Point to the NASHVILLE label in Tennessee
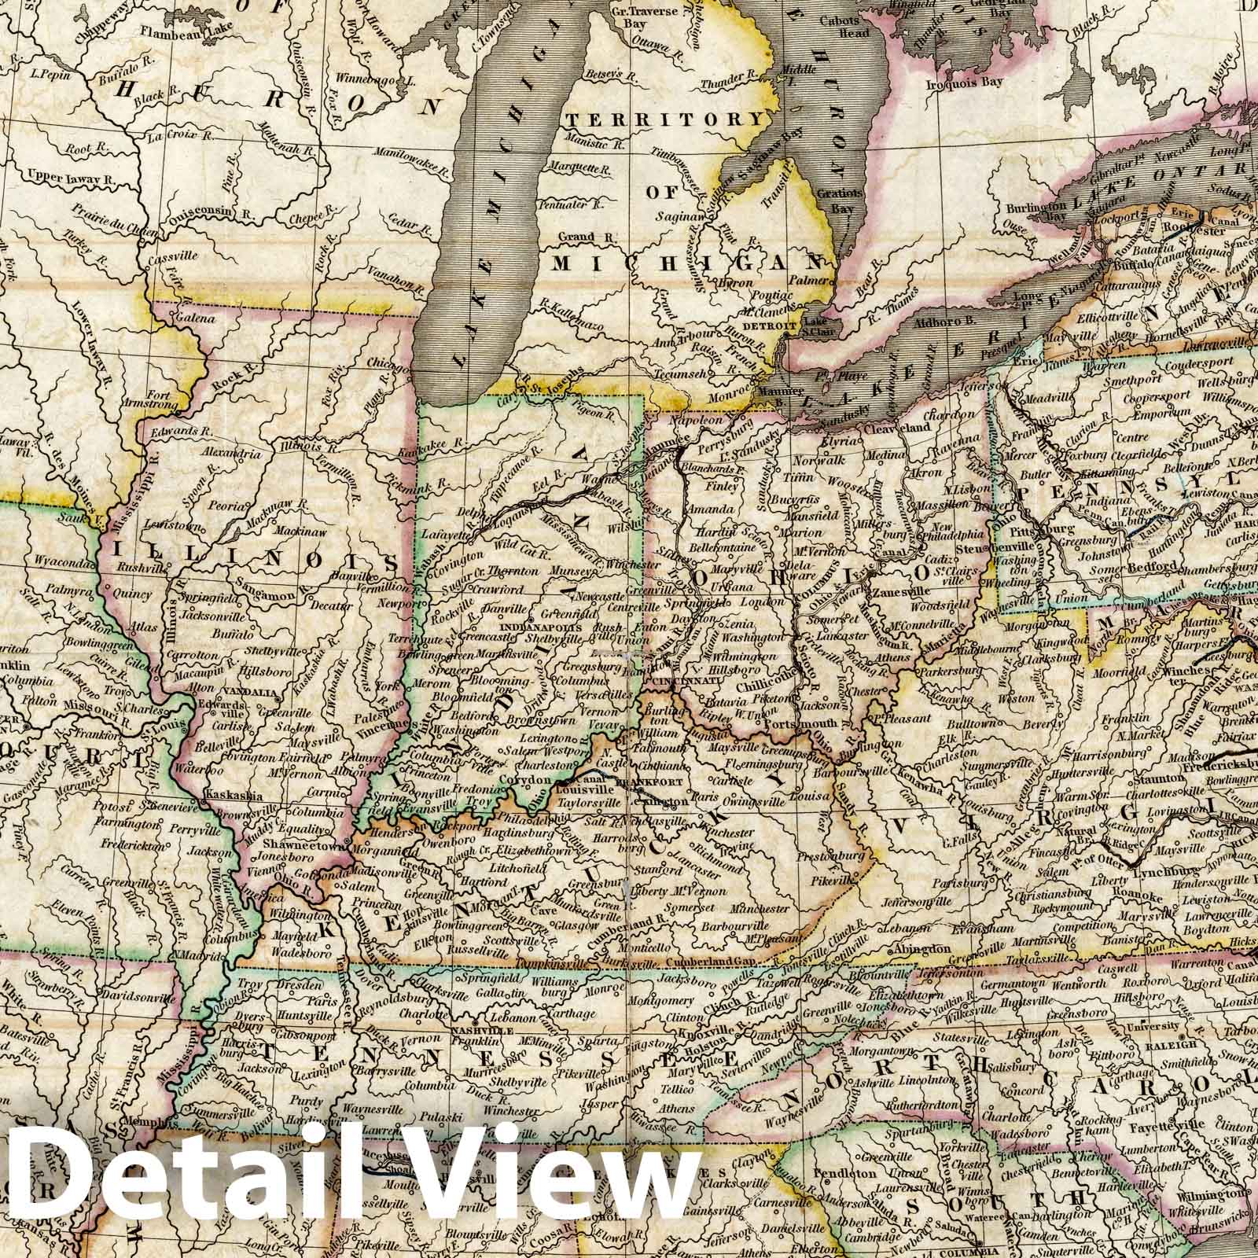click(476, 1030)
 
